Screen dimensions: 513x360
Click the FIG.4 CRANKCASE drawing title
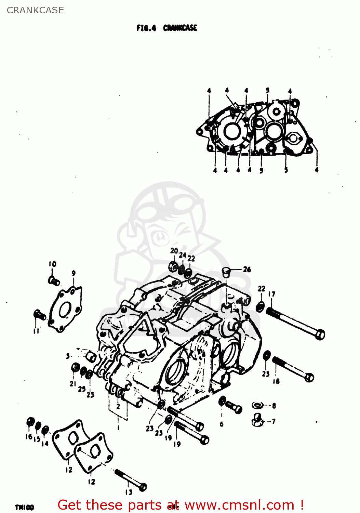[166, 28]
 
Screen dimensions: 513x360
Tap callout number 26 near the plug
[247, 269]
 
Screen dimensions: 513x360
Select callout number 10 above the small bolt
[52, 264]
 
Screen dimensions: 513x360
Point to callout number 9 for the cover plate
[74, 273]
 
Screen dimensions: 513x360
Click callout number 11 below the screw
[36, 331]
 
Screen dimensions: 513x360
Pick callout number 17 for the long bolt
[271, 294]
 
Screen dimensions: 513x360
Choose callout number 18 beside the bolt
[276, 381]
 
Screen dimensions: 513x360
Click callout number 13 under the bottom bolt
[129, 492]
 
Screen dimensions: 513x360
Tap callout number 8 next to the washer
[274, 406]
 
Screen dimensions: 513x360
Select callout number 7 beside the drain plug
[274, 422]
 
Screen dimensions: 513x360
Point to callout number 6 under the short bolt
[222, 424]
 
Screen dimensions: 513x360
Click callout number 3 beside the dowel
[68, 356]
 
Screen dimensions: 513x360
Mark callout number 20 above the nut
[174, 251]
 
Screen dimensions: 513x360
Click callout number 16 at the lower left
[29, 437]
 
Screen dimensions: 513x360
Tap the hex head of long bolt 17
[320, 334]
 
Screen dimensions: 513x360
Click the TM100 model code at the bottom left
[24, 507]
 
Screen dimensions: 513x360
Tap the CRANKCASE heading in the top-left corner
[35, 10]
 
